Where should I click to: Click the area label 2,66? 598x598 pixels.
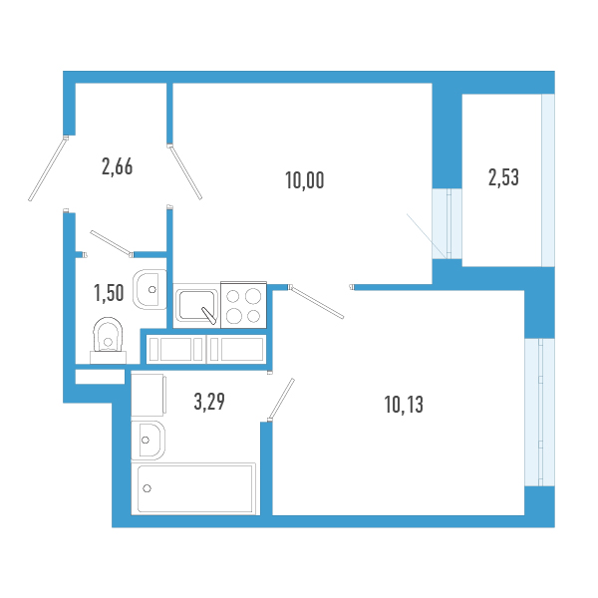click(118, 166)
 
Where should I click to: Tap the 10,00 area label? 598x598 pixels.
click(305, 180)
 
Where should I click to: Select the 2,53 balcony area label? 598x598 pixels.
click(503, 178)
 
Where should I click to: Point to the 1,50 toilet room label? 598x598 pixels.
click(109, 292)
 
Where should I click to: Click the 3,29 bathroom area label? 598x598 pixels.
click(208, 403)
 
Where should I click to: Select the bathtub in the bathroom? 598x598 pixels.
click(196, 488)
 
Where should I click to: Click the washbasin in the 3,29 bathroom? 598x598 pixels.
click(149, 438)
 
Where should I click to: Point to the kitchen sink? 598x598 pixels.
click(196, 305)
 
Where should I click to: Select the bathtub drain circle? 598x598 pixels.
click(148, 488)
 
